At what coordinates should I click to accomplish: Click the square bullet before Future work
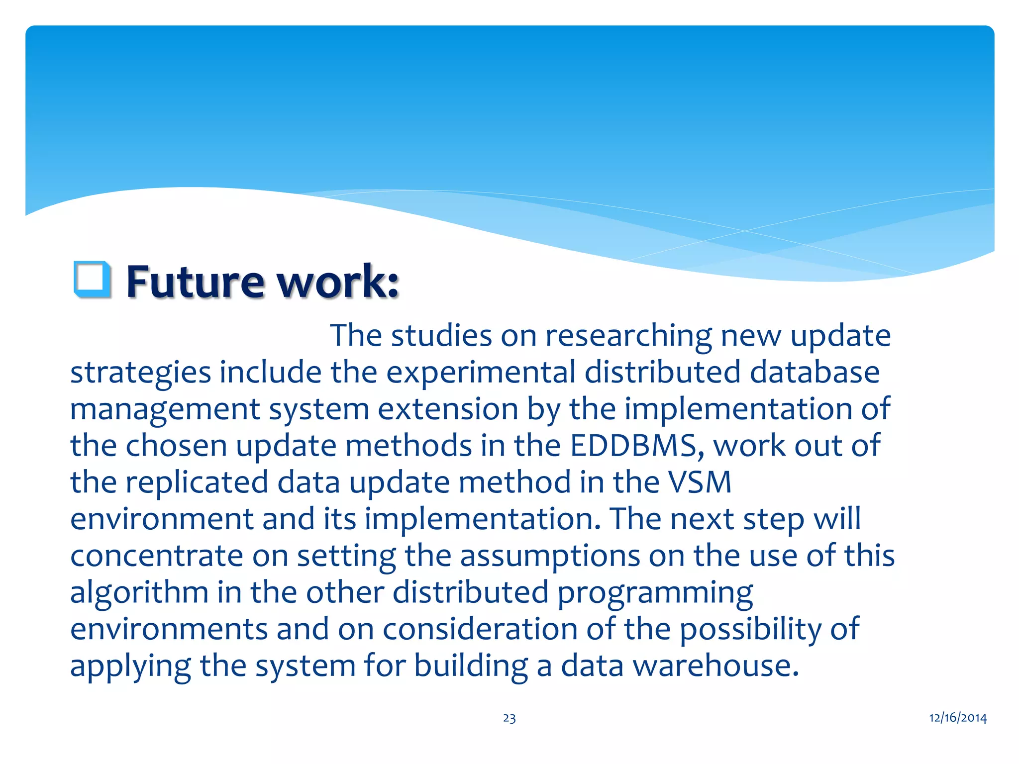[92, 280]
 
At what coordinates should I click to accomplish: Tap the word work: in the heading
[337, 282]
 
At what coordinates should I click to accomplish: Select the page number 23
[509, 718]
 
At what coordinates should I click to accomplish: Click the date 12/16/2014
[958, 718]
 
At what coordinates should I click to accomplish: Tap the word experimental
[481, 373]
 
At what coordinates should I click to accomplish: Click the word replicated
[197, 482]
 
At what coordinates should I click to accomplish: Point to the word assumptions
[549, 556]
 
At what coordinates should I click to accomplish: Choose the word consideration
[480, 629]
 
